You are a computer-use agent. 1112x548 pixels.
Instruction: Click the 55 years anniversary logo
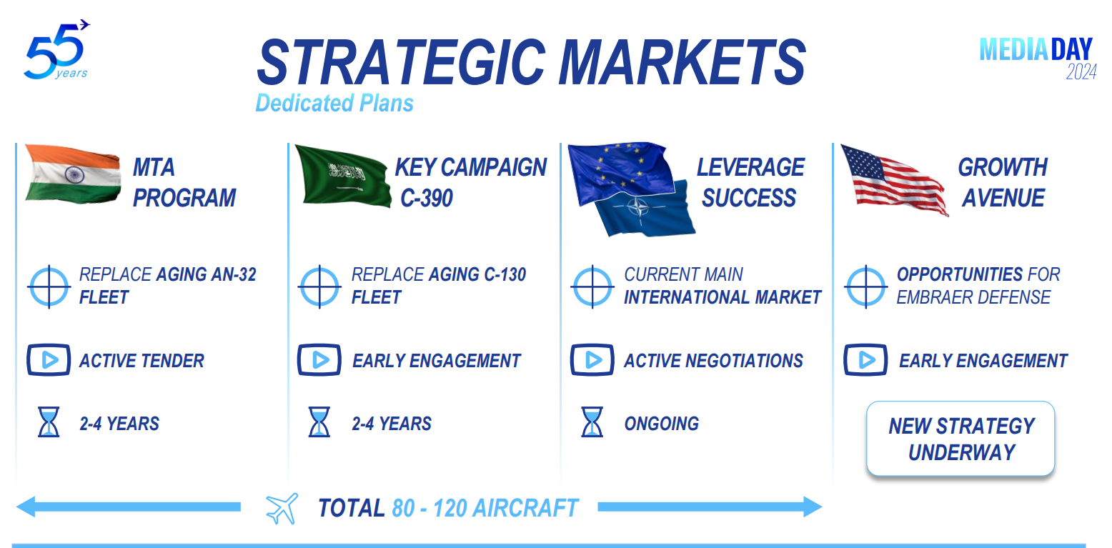tap(56, 51)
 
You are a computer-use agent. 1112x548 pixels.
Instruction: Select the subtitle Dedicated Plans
tap(334, 104)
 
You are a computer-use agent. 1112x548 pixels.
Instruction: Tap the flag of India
tap(72, 174)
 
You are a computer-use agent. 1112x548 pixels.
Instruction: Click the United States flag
tap(893, 179)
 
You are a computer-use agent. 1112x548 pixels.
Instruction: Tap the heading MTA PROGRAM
tap(184, 182)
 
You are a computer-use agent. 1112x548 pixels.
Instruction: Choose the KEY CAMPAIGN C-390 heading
tap(470, 182)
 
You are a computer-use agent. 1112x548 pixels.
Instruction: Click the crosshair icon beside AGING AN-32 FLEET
tap(49, 287)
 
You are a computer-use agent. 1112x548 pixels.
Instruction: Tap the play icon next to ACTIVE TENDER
tap(49, 360)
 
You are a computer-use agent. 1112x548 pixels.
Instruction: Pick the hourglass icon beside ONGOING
tap(592, 422)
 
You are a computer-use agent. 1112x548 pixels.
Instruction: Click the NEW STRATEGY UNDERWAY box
tap(960, 439)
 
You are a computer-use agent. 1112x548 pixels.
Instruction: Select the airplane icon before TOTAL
tap(282, 508)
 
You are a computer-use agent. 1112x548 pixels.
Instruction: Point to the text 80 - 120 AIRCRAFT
tap(485, 508)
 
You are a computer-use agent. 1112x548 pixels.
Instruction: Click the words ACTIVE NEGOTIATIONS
tap(713, 361)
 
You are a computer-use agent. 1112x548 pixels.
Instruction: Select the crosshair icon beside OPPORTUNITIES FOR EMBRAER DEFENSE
tap(865, 287)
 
